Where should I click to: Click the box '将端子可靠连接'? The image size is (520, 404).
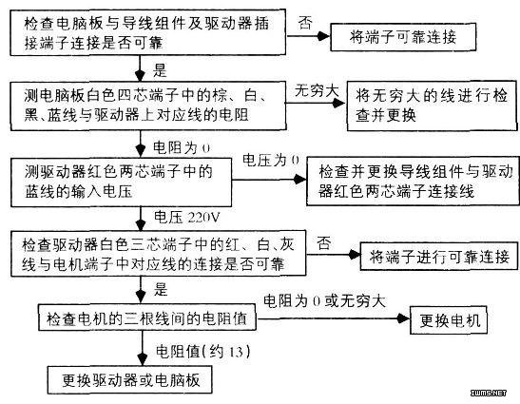[403, 37]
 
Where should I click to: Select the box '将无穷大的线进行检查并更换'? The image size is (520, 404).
[432, 106]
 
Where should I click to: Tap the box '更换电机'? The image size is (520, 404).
[449, 320]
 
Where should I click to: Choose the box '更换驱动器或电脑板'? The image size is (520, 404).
[129, 380]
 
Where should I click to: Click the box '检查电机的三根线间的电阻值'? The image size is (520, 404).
[147, 318]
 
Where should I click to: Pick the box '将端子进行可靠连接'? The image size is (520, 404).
[439, 256]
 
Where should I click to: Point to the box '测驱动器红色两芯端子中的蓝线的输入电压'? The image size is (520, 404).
[121, 183]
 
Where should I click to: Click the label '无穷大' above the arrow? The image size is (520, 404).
[317, 90]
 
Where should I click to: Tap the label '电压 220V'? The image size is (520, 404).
[186, 218]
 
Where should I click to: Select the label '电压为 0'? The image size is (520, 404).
[271, 161]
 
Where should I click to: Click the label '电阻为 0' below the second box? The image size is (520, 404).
[182, 147]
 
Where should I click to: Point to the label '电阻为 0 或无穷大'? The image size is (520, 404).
[325, 300]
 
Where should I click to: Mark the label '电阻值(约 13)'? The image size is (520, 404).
[202, 352]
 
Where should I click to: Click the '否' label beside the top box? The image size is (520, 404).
[305, 23]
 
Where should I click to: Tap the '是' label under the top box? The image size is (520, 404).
[160, 70]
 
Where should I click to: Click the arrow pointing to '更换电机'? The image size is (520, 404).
[334, 318]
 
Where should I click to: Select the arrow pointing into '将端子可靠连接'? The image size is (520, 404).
[308, 36]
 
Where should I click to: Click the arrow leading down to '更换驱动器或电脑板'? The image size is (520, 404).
[143, 348]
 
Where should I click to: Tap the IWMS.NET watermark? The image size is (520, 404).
[489, 393]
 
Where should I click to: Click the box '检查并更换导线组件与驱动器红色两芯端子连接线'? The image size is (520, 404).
[413, 182]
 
